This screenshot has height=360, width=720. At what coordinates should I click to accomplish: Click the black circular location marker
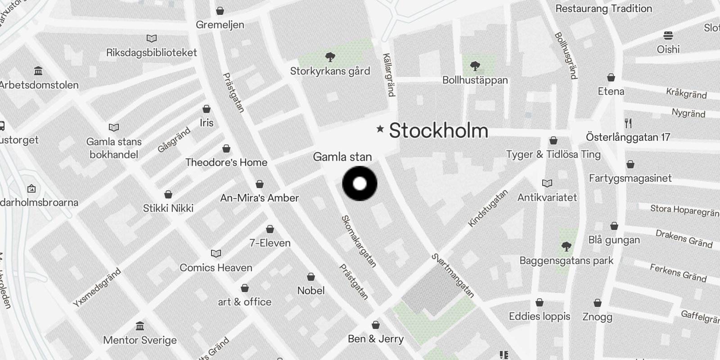[360, 183]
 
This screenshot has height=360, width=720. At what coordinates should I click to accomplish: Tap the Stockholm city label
[438, 130]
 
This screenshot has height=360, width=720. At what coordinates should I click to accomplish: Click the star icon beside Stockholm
[380, 129]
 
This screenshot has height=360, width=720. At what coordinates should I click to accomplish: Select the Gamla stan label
[342, 157]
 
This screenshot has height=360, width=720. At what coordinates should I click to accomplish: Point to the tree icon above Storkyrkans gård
[330, 57]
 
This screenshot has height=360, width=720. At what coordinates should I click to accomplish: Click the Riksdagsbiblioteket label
[152, 53]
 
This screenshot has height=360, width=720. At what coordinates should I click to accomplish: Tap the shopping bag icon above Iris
[207, 109]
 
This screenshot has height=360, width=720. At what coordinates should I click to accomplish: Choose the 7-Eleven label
[270, 243]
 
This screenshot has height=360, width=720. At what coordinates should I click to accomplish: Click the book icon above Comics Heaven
[216, 254]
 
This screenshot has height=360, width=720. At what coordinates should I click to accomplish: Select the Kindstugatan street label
[488, 208]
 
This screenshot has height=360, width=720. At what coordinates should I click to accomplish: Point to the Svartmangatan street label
[453, 276]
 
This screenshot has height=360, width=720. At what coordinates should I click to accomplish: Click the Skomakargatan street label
[359, 241]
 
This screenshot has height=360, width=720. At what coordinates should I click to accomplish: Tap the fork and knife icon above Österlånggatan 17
[628, 123]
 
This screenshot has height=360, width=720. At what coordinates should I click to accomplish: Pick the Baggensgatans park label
[566, 261]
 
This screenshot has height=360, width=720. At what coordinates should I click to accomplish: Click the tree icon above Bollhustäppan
[475, 67]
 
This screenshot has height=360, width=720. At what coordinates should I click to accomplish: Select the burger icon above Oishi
[668, 36]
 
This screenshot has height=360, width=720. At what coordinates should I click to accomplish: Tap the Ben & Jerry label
[376, 339]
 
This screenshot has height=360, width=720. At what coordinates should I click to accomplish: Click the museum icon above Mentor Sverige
[140, 326]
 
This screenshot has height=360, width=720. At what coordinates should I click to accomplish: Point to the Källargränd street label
[389, 75]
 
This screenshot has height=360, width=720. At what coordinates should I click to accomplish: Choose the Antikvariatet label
[547, 197]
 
